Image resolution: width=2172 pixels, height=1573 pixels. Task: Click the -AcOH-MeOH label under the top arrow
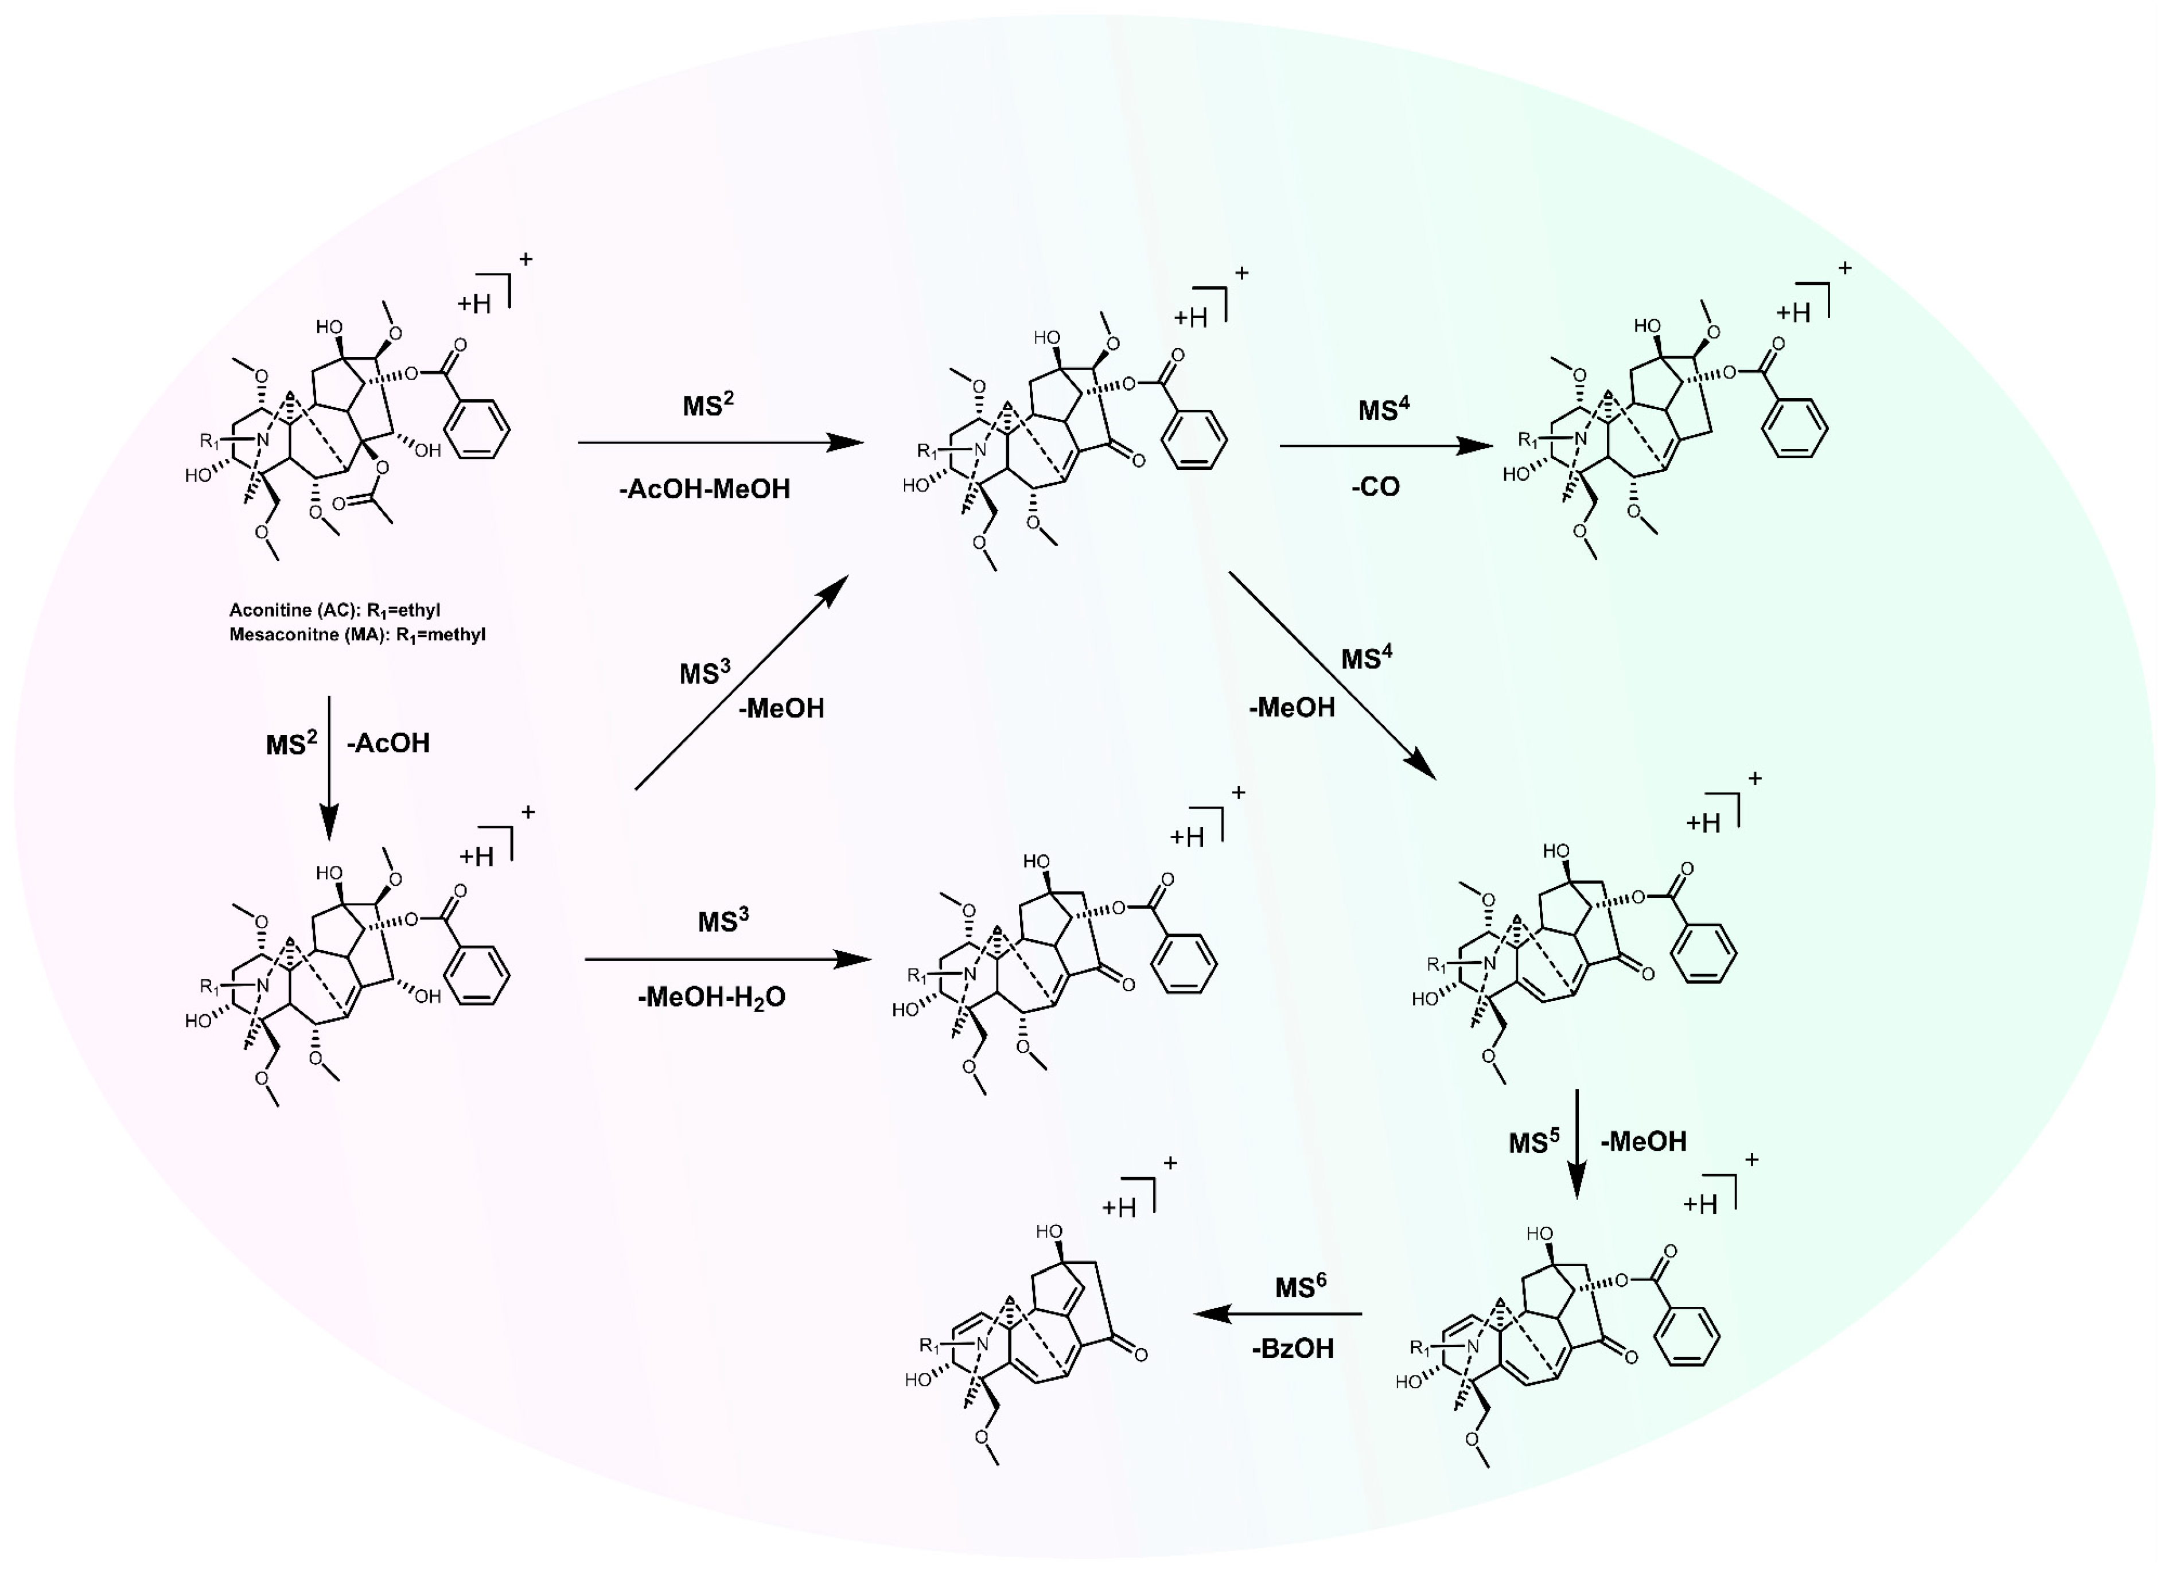[705, 489]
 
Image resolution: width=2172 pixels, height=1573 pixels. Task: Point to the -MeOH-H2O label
[711, 998]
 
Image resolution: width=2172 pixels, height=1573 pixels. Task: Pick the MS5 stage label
[1533, 1142]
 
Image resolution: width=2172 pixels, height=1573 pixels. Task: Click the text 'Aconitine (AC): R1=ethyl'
[334, 610]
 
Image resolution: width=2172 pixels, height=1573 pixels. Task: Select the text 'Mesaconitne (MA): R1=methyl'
[357, 634]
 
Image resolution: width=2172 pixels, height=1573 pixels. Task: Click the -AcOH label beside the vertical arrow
[388, 744]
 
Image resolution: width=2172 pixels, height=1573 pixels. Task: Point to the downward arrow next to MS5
[1577, 1143]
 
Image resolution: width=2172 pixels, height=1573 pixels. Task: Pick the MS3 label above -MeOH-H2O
[723, 921]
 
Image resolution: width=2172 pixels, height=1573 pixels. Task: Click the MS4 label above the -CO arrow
[1384, 410]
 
